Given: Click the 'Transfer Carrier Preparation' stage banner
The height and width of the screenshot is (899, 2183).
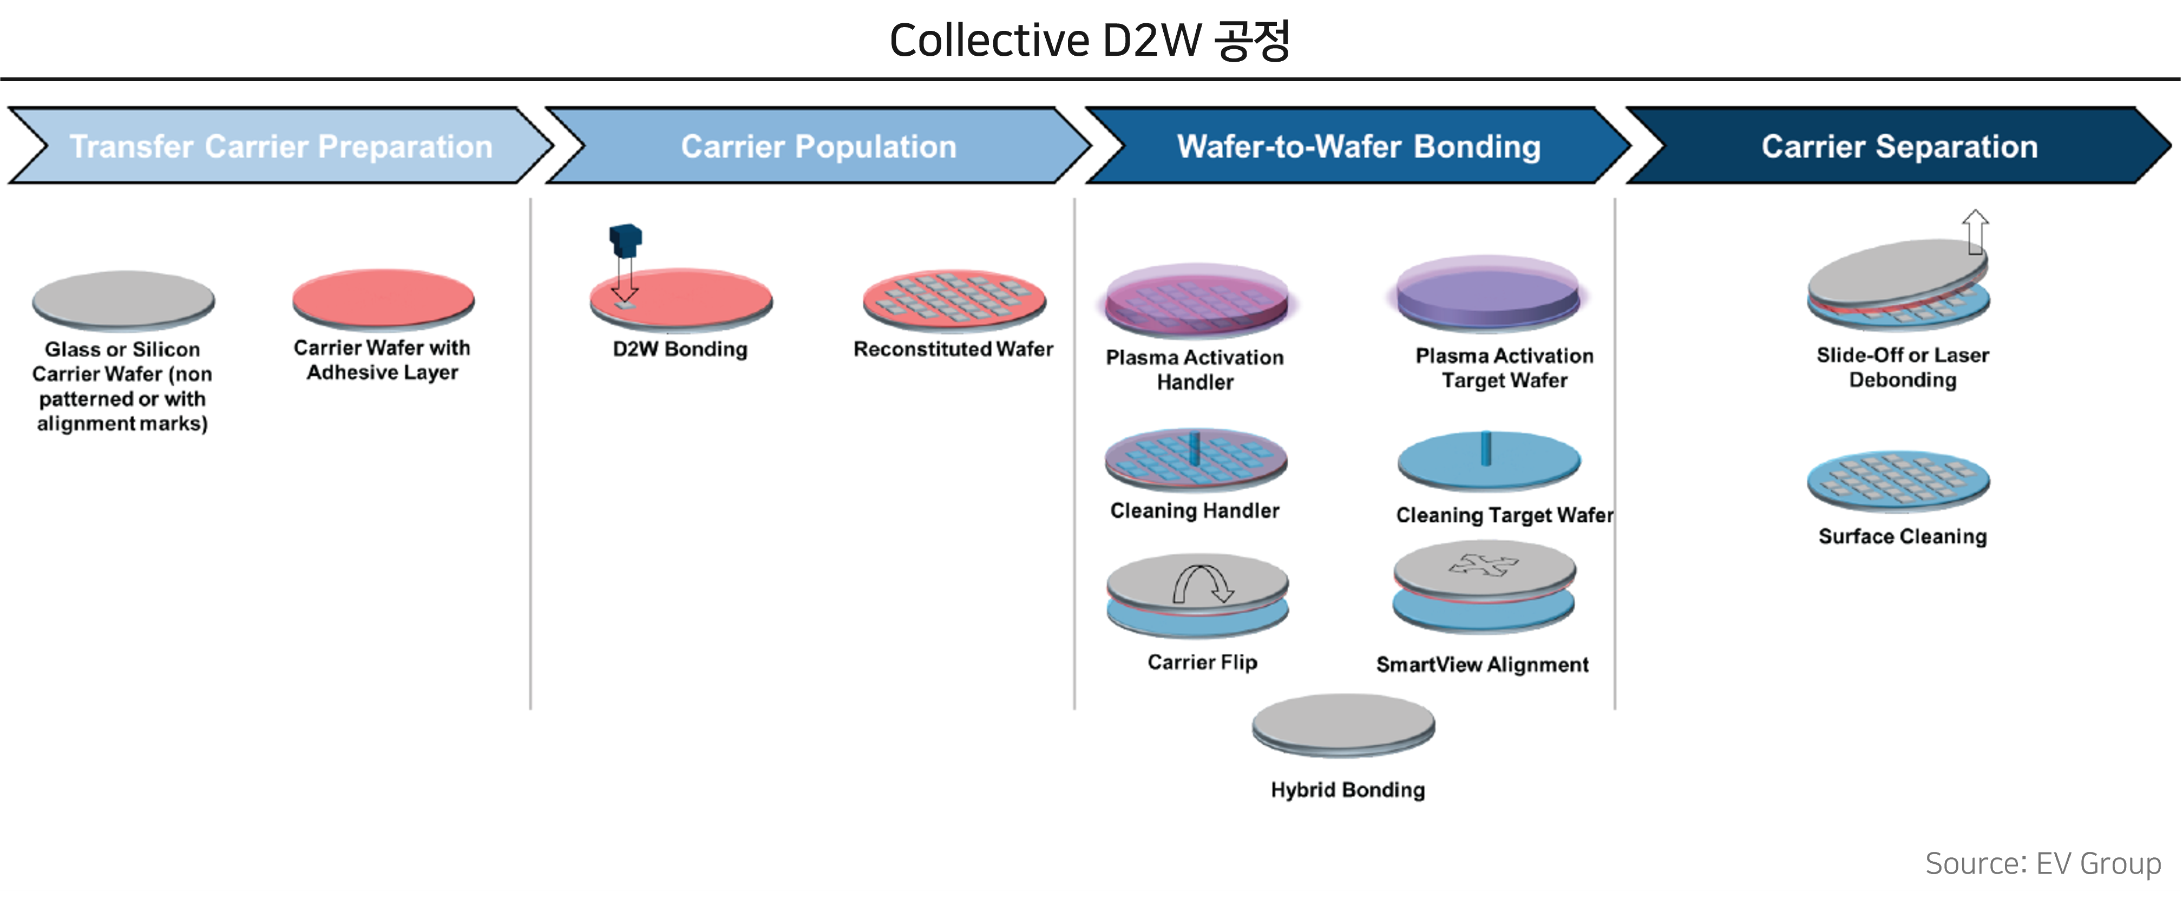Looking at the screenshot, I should (x=280, y=146).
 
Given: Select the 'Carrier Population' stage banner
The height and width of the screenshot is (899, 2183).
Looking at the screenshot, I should (x=818, y=146).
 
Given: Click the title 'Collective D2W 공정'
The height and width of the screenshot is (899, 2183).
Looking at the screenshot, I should (x=1090, y=40).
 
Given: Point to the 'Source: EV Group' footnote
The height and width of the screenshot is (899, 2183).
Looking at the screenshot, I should (x=2042, y=863).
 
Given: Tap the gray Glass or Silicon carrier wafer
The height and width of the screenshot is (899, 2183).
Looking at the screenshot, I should (x=124, y=300).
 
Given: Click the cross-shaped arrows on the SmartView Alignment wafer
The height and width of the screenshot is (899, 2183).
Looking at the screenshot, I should (x=1484, y=565).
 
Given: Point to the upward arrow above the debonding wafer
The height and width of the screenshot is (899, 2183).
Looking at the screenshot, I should (x=1975, y=231).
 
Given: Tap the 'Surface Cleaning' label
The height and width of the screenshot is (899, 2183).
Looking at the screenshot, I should (x=1903, y=536).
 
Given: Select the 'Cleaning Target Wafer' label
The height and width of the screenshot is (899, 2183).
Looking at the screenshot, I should (x=1504, y=515).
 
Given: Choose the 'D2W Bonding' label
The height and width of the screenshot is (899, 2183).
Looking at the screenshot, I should (x=680, y=349).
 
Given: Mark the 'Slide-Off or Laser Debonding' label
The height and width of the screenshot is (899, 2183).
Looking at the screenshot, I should (x=1903, y=367).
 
